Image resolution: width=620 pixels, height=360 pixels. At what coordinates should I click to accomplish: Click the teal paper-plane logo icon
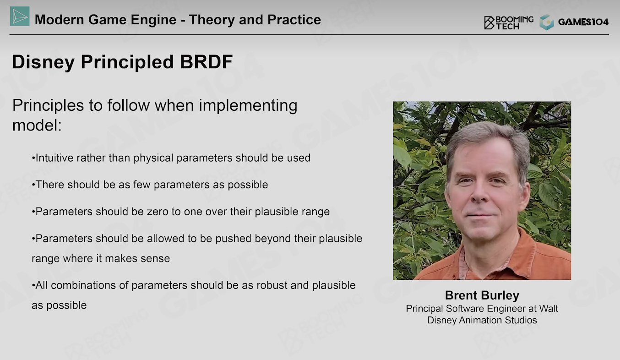pyautogui.click(x=20, y=16)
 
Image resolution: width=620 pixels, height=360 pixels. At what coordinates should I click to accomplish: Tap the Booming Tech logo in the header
pyautogui.click(x=509, y=22)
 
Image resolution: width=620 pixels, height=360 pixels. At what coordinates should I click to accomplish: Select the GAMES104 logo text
pyautogui.click(x=583, y=22)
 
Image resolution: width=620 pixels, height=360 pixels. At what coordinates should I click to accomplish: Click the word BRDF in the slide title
pyautogui.click(x=206, y=61)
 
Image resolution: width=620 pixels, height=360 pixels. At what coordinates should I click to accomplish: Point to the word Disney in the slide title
pyautogui.click(x=43, y=62)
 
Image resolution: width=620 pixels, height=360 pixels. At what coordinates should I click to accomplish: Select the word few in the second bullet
pyautogui.click(x=141, y=185)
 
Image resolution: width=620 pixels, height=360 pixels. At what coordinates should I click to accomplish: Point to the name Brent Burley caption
pyautogui.click(x=482, y=295)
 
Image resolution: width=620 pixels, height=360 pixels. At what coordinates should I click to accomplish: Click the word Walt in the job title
pyautogui.click(x=548, y=309)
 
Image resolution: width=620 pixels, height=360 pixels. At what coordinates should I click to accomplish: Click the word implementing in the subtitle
pyautogui.click(x=248, y=106)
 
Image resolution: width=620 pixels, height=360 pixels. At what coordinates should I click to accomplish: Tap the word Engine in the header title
pyautogui.click(x=153, y=20)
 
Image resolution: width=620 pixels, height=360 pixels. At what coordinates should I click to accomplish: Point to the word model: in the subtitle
pyautogui.click(x=37, y=125)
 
